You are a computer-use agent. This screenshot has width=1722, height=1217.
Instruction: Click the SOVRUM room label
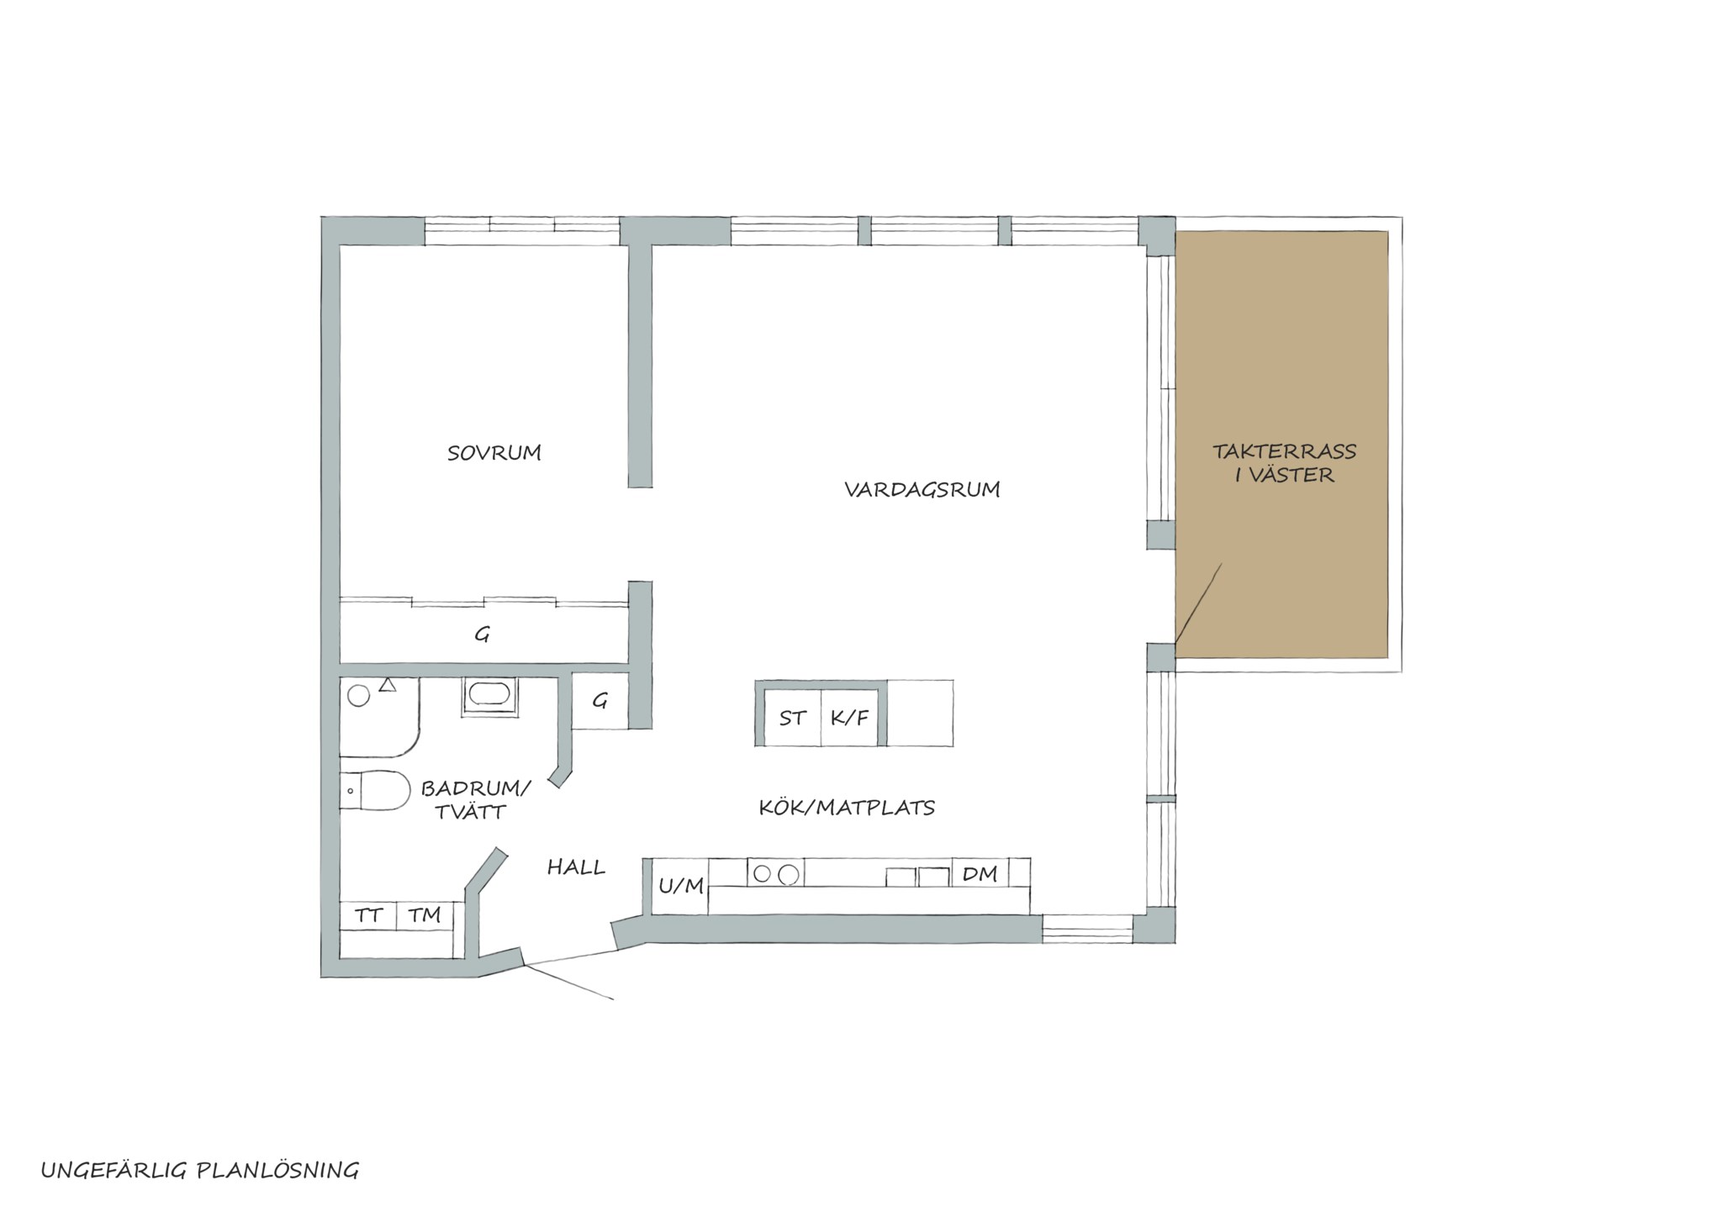494,453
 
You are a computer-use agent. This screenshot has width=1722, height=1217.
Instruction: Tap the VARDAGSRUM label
922,489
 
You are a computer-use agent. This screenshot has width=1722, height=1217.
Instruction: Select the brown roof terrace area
1281,444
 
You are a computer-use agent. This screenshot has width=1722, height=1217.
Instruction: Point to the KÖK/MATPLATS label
847,808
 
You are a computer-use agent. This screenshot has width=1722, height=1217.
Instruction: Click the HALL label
576,867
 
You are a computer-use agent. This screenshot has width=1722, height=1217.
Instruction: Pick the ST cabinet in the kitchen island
792,718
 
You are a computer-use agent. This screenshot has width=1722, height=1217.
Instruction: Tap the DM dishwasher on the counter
980,873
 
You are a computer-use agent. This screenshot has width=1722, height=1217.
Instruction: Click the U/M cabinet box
680,886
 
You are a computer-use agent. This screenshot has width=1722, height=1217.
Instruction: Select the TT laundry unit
367,915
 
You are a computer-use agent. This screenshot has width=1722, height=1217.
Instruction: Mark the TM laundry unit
425,915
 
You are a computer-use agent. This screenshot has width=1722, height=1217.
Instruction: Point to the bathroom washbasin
489,696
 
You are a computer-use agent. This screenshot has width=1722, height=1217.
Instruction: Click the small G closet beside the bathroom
600,701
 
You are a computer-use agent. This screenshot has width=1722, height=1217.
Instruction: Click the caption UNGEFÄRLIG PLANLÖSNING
200,1170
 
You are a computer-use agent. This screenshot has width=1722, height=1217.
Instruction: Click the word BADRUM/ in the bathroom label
476,789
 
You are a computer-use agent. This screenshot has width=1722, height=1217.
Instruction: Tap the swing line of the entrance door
568,981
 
